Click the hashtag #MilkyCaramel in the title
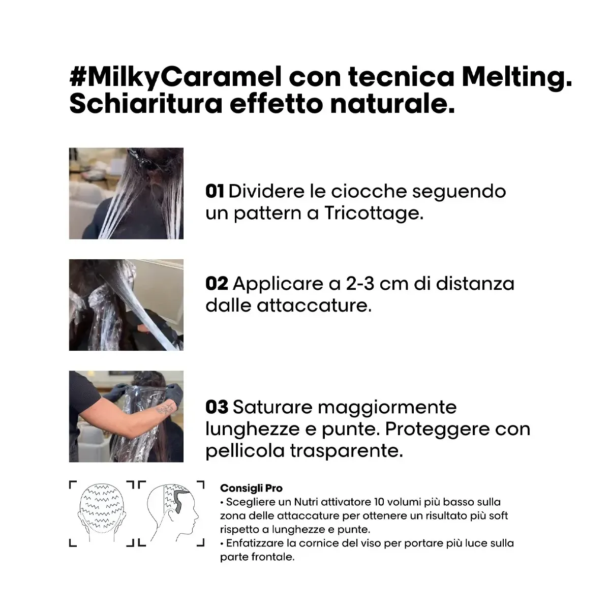(x=175, y=78)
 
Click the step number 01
(x=215, y=191)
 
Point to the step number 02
(x=217, y=283)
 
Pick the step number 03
(x=217, y=407)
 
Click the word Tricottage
(x=374, y=214)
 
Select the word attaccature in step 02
(x=314, y=306)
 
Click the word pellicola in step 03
(x=245, y=451)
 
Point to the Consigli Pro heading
(x=251, y=488)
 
